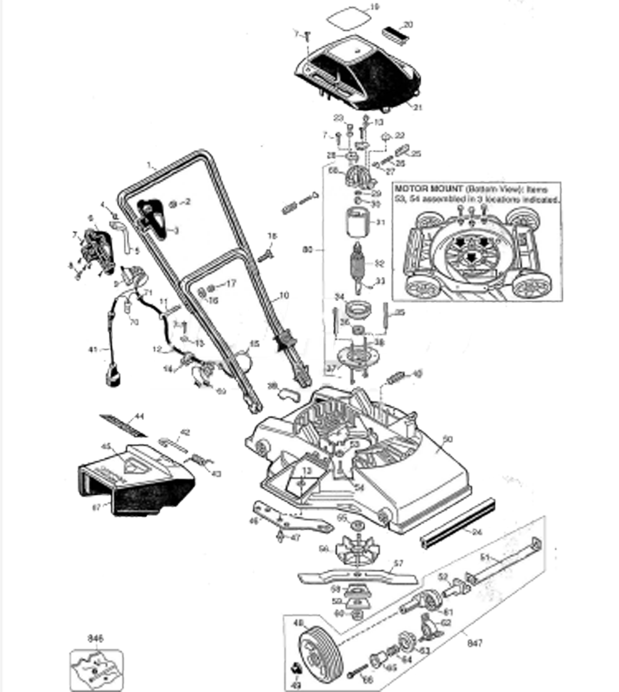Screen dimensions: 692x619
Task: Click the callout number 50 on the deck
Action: pos(448,439)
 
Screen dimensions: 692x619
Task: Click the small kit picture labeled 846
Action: pos(96,667)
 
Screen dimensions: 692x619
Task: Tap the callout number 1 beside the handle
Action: pos(149,165)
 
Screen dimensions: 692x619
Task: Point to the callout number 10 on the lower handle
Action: pos(283,297)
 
